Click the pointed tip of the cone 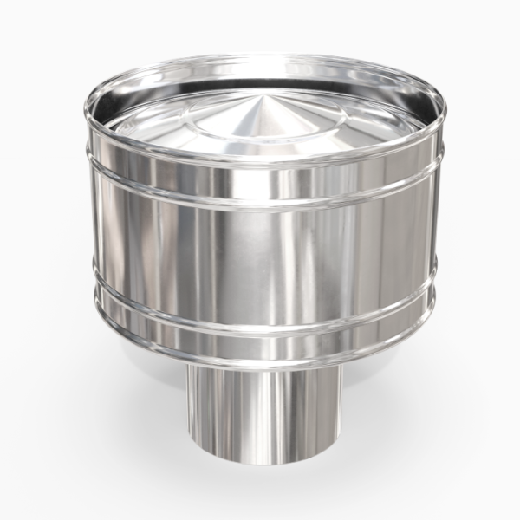(261, 97)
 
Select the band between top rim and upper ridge (260, 184)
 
